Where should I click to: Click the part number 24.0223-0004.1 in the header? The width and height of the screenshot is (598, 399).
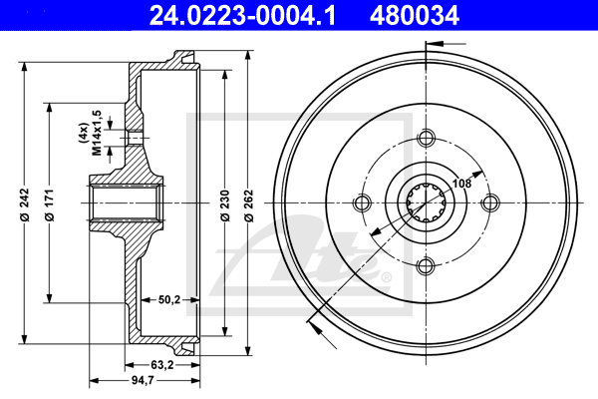pyautogui.click(x=242, y=16)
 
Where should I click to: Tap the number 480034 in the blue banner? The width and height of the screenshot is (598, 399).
pyautogui.click(x=415, y=16)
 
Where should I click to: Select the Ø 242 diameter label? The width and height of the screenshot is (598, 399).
pyautogui.click(x=25, y=204)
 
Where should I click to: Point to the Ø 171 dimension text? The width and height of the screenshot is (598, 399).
pyautogui.click(x=50, y=204)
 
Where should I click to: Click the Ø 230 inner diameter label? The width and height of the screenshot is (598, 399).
pyautogui.click(x=225, y=205)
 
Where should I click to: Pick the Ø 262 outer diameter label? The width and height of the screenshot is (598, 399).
pyautogui.click(x=248, y=205)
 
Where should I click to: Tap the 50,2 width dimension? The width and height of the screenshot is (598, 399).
pyautogui.click(x=169, y=299)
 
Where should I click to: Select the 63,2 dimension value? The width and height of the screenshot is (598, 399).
pyautogui.click(x=162, y=365)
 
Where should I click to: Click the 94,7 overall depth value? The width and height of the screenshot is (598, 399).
pyautogui.click(x=143, y=381)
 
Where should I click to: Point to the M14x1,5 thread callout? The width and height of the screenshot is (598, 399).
pyautogui.click(x=98, y=133)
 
